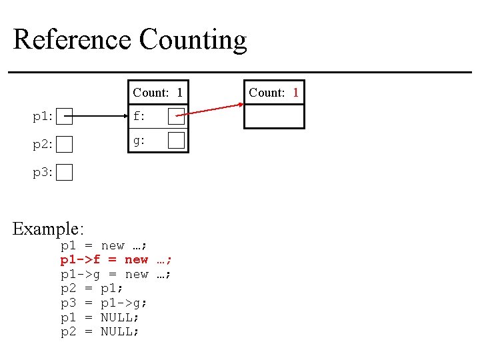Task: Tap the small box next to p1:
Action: tap(64, 117)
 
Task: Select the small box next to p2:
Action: tap(64, 144)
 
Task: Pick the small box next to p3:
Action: tap(64, 173)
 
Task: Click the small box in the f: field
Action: tap(176, 117)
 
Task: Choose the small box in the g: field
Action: tap(176, 140)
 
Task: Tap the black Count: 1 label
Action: tap(157, 92)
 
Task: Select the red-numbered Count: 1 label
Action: tap(273, 92)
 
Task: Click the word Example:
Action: tap(48, 229)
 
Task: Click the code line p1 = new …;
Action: tap(104, 245)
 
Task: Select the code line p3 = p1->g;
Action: tap(104, 303)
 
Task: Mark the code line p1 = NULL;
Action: tap(100, 317)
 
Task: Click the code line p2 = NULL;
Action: tap(100, 332)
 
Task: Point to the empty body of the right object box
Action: tap(274, 116)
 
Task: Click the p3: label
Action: tap(43, 173)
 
